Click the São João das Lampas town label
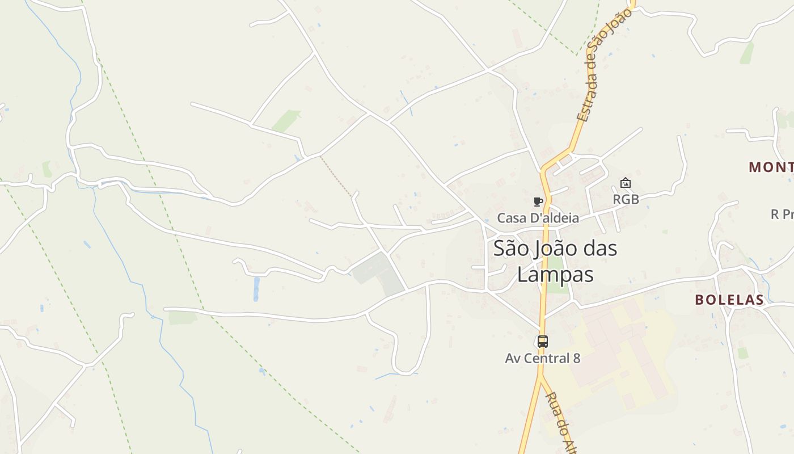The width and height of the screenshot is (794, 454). tap(555, 261)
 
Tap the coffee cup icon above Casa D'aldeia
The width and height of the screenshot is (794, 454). tap(538, 201)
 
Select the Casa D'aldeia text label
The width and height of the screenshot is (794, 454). tap(538, 218)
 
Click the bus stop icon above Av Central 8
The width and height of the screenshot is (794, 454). tap(543, 341)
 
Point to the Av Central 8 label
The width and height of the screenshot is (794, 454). tap(543, 358)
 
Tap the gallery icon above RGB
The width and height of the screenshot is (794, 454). tap(626, 183)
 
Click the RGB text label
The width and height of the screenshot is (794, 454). tap(626, 199)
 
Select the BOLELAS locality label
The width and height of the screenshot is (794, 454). tap(729, 300)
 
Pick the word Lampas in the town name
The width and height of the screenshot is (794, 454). tap(555, 275)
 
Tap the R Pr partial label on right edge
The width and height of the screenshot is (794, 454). tap(782, 215)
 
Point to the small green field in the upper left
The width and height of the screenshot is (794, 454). tap(287, 120)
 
